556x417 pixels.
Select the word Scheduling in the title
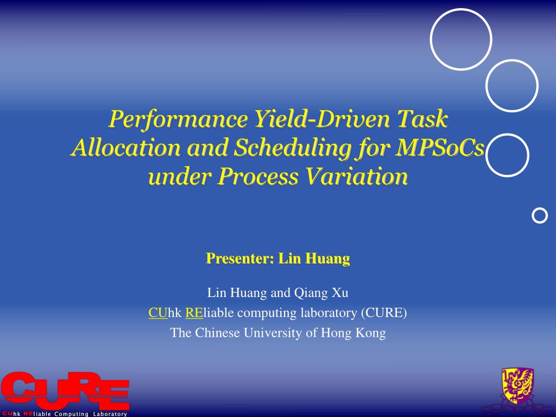[x=281, y=148]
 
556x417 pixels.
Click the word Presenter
[x=238, y=259]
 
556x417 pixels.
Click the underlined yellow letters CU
[x=158, y=313]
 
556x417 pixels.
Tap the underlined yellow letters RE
[x=194, y=313]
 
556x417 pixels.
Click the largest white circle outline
[x=461, y=40]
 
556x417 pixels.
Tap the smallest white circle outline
[x=540, y=216]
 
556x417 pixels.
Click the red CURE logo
[x=65, y=390]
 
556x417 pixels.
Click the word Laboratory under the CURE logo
[x=109, y=414]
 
